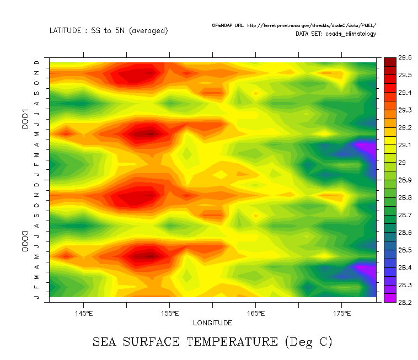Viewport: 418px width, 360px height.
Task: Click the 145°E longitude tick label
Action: (83, 314)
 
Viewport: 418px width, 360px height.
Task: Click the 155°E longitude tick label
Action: (170, 314)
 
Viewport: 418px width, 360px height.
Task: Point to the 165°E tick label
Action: (256, 314)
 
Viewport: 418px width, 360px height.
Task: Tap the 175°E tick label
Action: (342, 314)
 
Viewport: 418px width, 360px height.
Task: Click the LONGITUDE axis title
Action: (212, 323)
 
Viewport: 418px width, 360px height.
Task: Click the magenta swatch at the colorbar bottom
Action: (389, 298)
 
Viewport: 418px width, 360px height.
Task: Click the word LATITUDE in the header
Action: (65, 31)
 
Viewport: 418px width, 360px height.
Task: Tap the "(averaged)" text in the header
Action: (148, 31)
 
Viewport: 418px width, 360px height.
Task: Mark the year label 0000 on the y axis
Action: (26, 243)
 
